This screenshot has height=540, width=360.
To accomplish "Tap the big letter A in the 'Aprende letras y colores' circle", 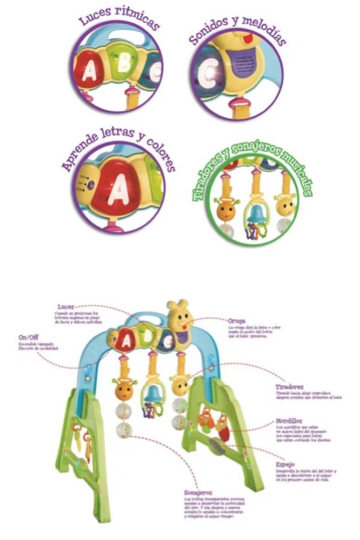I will [x=122, y=192].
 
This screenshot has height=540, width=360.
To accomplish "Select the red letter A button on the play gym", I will [x=126, y=343].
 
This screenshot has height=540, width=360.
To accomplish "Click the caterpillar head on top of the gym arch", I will [x=178, y=314].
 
